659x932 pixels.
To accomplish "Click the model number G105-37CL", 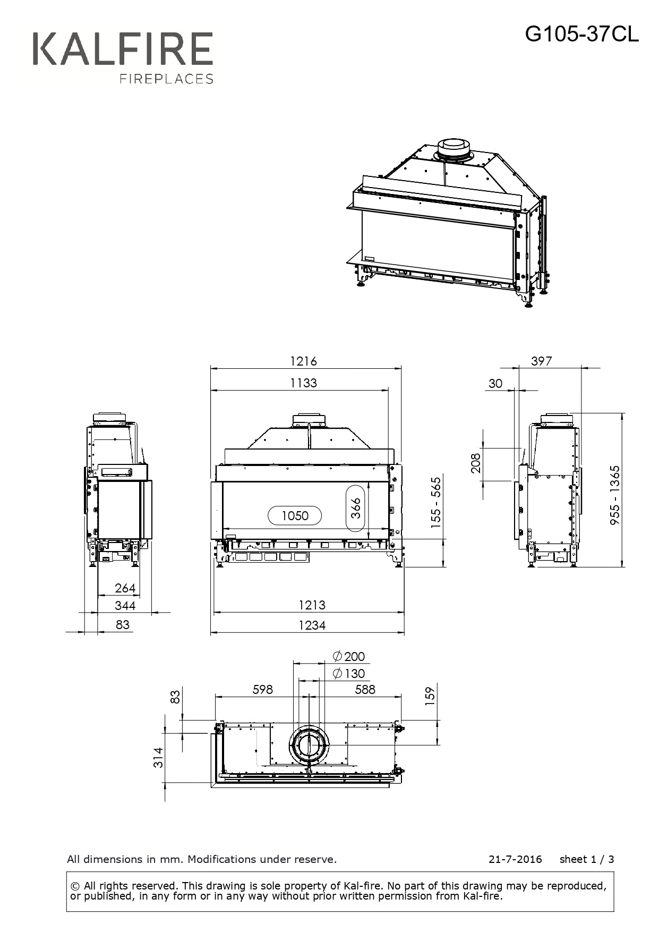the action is pos(582,35).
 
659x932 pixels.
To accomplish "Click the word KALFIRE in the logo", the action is pos(123,49).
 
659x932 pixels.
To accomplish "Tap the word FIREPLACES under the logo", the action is pos(166,79).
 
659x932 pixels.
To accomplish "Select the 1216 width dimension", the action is pos(303,361).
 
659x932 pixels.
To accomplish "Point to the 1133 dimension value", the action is pos(303,383).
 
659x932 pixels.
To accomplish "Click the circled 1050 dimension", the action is pos(295,515).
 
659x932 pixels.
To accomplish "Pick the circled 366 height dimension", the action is pos(356,508).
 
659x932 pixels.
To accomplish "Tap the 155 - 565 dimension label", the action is pos(436,503).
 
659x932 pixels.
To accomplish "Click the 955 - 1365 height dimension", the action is pos(614,495).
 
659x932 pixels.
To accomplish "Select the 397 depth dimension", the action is pos(541,361).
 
